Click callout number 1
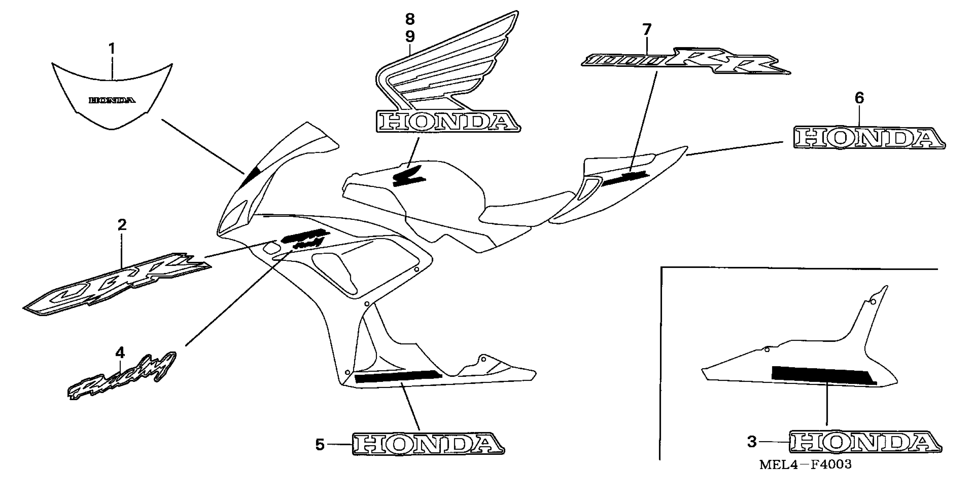point(112,49)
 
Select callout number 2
point(121,225)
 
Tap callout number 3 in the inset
point(752,441)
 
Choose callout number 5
point(320,445)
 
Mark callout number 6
point(859,98)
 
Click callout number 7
point(647,29)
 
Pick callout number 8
point(410,19)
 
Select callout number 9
point(410,37)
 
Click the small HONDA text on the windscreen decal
point(112,100)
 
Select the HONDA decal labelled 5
point(428,443)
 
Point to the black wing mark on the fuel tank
point(408,176)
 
